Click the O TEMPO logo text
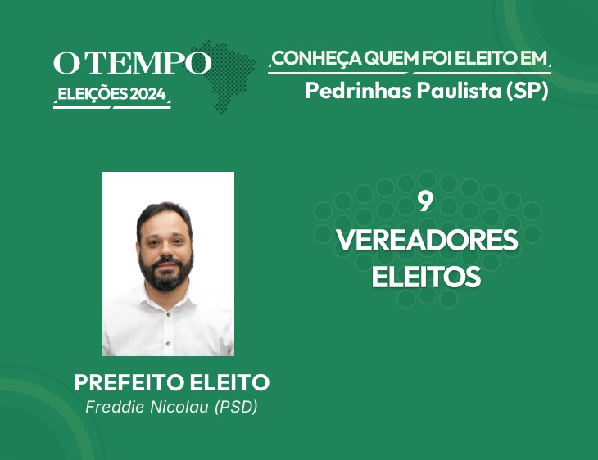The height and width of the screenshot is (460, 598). (x=133, y=63)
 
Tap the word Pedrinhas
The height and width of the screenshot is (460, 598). (x=359, y=91)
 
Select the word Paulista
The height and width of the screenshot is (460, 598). (x=459, y=91)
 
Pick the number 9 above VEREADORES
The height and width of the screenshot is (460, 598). (x=426, y=201)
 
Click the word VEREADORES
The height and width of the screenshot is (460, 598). (x=427, y=240)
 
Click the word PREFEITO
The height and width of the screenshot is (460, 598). (x=129, y=382)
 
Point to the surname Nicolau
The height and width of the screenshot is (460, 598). (x=179, y=407)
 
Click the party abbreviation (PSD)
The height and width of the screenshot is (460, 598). (x=236, y=407)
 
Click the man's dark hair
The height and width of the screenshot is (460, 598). (x=165, y=215)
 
